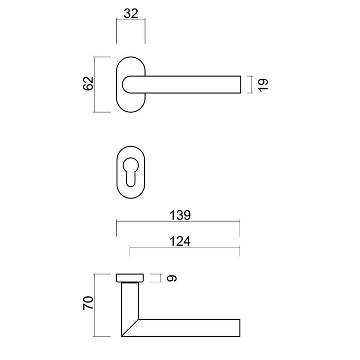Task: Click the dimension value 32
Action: [x=131, y=13]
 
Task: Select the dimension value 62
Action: [x=87, y=84]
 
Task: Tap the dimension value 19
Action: [x=262, y=84]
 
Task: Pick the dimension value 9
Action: [x=172, y=279]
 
